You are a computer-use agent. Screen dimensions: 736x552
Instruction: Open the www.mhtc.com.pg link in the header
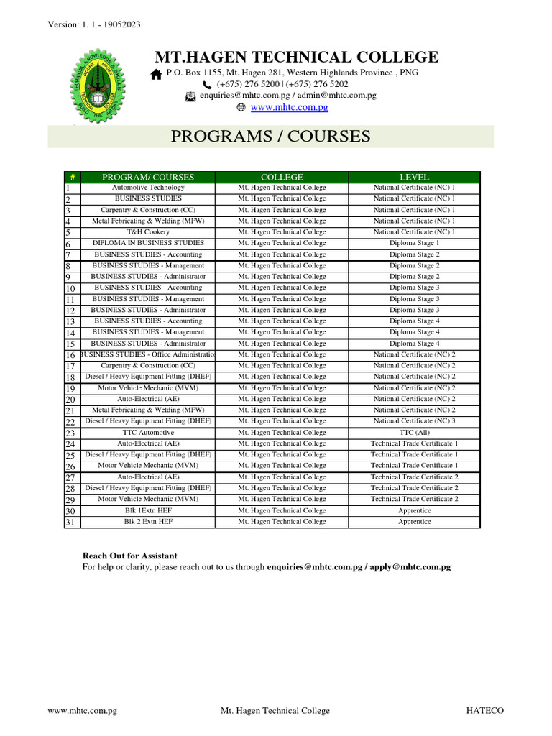[x=289, y=107]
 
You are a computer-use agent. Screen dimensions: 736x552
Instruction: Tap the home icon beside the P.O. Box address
[x=156, y=74]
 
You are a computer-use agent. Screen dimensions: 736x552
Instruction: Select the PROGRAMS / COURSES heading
[x=270, y=136]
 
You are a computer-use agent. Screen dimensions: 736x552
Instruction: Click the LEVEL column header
[x=414, y=177]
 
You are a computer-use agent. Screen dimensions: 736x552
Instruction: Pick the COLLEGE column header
[x=282, y=177]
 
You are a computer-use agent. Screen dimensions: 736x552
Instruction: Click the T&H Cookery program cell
[x=148, y=232]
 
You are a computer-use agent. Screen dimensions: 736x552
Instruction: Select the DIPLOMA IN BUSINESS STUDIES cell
[x=148, y=243]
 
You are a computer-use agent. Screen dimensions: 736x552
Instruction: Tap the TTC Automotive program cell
[x=148, y=433]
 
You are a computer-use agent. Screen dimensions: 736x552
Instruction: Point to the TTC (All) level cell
[x=414, y=433]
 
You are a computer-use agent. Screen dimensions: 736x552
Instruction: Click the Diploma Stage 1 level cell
[x=414, y=243]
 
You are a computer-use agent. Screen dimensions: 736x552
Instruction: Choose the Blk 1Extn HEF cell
[x=148, y=510]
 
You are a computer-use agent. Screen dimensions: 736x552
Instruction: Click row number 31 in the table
[x=70, y=522]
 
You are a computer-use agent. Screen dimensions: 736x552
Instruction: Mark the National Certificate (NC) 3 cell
[x=414, y=421]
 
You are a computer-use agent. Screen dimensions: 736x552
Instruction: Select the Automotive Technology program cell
[x=148, y=188]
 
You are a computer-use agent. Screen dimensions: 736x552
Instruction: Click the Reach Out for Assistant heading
[x=130, y=556]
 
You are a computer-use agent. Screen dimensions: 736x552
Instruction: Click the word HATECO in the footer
[x=485, y=711]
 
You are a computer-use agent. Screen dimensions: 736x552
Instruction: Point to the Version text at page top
[x=93, y=24]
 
